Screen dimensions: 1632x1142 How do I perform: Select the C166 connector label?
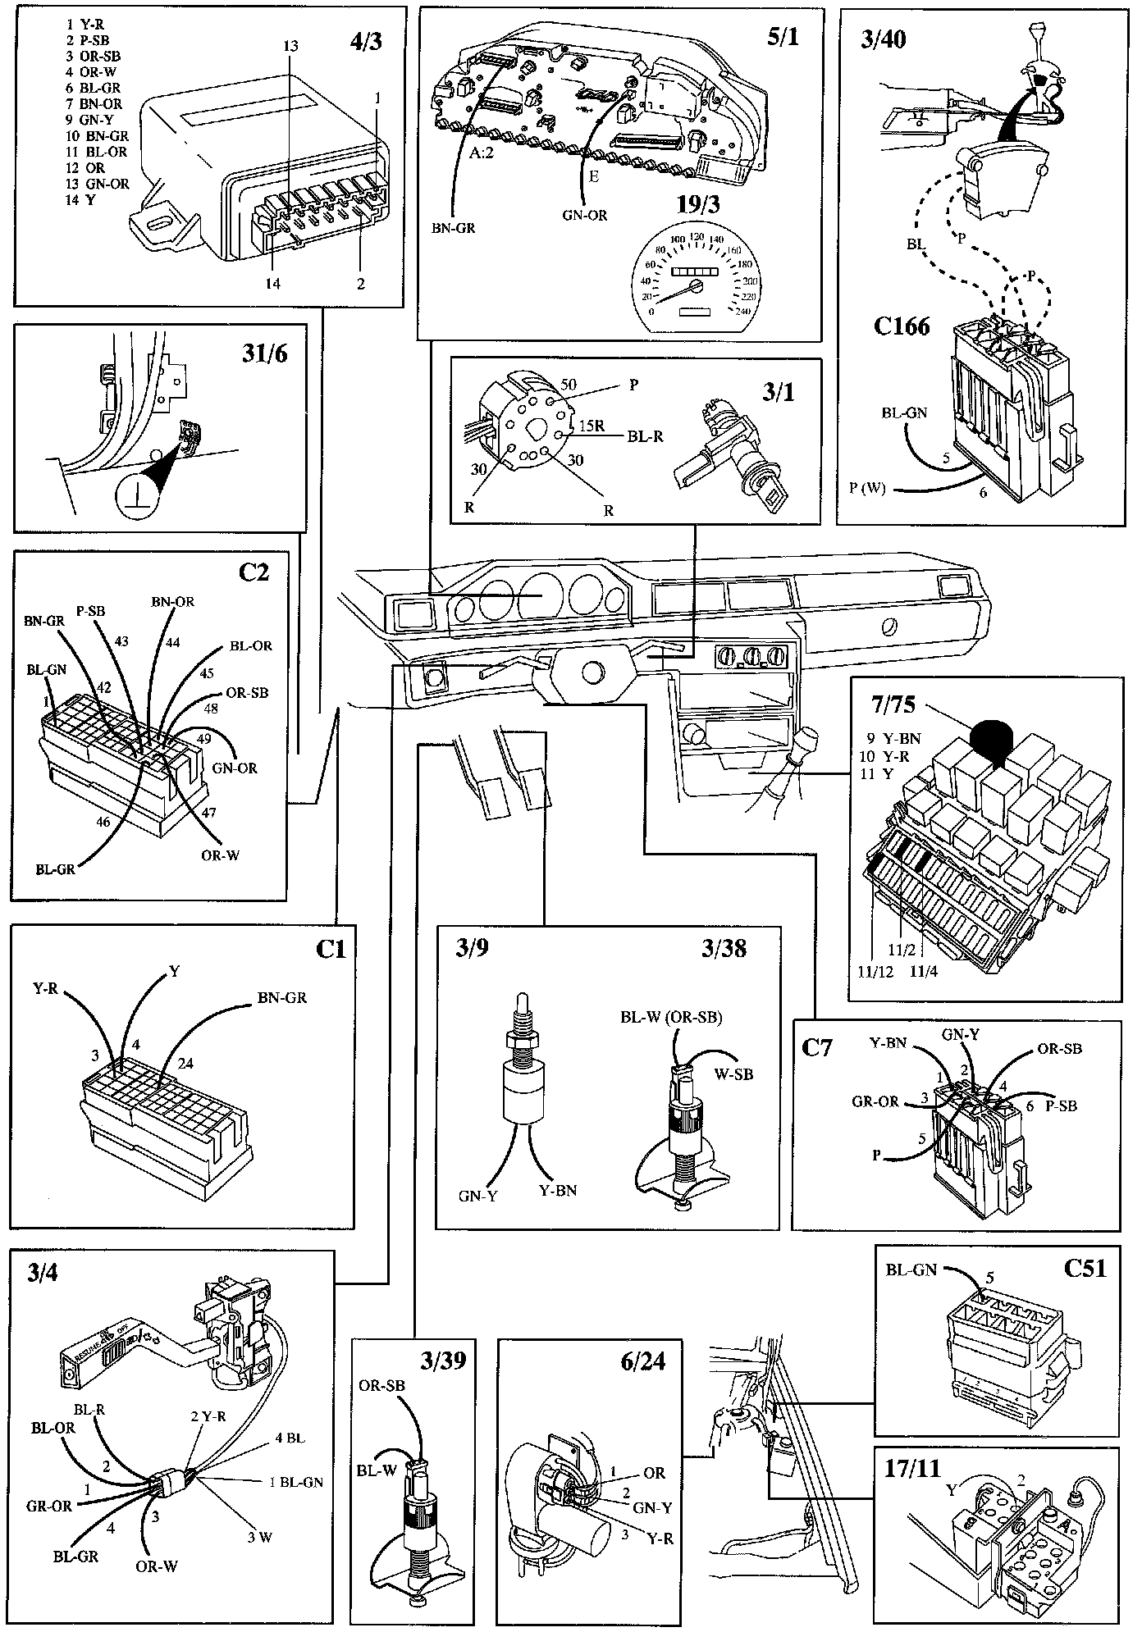tap(901, 326)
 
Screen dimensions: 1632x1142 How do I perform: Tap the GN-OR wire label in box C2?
tap(235, 768)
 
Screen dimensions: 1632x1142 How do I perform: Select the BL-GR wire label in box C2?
tap(55, 868)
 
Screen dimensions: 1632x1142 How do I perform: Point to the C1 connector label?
tap(331, 950)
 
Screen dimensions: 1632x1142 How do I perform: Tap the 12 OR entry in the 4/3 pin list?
tap(85, 168)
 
